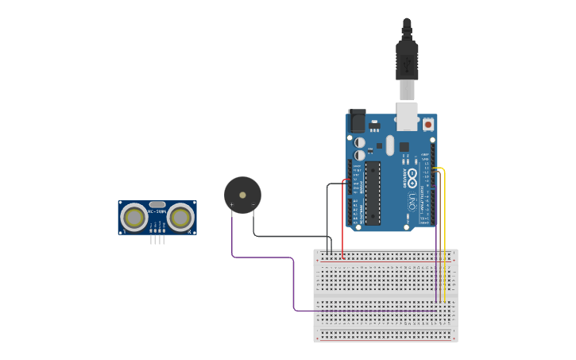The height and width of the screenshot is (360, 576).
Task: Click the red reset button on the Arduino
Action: (428, 124)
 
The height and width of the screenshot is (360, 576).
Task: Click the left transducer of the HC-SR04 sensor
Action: (133, 217)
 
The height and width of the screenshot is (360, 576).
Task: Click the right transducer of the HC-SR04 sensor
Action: (181, 217)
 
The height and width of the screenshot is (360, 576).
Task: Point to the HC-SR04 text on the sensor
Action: (157, 211)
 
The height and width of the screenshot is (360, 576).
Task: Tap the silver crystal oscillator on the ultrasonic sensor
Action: (157, 204)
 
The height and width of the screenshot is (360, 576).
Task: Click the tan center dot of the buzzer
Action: (242, 195)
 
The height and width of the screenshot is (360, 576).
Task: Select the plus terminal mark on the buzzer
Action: (231, 205)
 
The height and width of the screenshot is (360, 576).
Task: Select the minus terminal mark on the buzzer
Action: (253, 205)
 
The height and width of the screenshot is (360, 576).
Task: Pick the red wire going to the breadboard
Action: (342, 223)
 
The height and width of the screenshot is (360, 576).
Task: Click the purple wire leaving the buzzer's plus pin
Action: (262, 257)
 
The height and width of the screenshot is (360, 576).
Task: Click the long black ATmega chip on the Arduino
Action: (372, 193)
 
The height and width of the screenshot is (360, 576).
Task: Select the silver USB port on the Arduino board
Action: (407, 116)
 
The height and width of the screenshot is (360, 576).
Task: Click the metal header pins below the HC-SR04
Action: (157, 239)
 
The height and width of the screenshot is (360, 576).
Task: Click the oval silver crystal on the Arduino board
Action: (389, 145)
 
